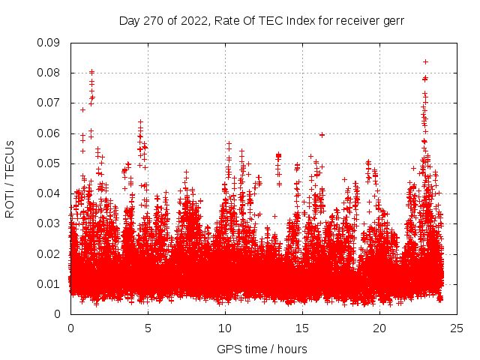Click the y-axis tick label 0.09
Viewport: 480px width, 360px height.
pyautogui.click(x=50, y=43)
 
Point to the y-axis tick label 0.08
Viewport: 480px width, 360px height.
pyautogui.click(x=50, y=73)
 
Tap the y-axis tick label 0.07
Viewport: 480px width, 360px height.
pyautogui.click(x=50, y=103)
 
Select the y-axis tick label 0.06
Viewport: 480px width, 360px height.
pyautogui.click(x=50, y=133)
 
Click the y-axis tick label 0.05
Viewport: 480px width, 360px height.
pyautogui.click(x=50, y=163)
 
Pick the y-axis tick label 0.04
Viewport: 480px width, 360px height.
pyautogui.click(x=50, y=193)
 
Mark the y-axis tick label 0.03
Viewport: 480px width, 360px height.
pyautogui.click(x=50, y=223)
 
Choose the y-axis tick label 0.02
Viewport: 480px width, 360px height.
pyautogui.click(x=50, y=253)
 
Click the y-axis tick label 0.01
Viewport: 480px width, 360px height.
pyautogui.click(x=50, y=283)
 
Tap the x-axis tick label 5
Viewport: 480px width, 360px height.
pyautogui.click(x=148, y=328)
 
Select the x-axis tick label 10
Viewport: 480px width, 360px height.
pyautogui.click(x=225, y=328)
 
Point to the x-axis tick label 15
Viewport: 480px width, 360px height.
pyautogui.click(x=302, y=328)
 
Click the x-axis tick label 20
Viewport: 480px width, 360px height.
pyautogui.click(x=379, y=328)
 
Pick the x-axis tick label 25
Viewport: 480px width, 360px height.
pyautogui.click(x=457, y=328)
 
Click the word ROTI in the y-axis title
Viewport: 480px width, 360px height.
pyautogui.click(x=10, y=203)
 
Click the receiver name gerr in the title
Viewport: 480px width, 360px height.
pyautogui.click(x=393, y=20)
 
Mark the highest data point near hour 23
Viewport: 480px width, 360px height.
pyautogui.click(x=425, y=61)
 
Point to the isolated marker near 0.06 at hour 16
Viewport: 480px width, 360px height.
pyautogui.click(x=322, y=135)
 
